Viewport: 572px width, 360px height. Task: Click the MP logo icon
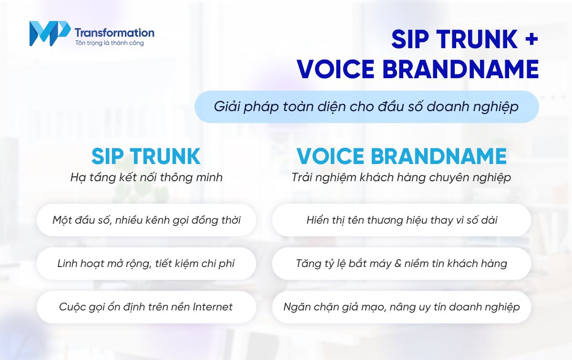tap(49, 34)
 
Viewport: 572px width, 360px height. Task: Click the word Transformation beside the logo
tap(114, 32)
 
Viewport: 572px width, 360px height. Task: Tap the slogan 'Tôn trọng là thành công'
tap(109, 43)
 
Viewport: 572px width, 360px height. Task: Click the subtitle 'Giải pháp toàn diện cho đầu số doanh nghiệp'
tap(366, 107)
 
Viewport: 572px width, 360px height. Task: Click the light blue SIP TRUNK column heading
tap(146, 156)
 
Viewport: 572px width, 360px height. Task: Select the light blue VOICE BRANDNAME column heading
tap(401, 156)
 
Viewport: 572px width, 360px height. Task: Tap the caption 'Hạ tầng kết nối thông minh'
tap(146, 177)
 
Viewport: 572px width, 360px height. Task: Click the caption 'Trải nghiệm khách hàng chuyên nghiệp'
tap(401, 177)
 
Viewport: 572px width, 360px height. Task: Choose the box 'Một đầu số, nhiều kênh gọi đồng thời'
tap(146, 220)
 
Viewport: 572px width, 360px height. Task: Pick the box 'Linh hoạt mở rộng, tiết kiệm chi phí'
tap(146, 263)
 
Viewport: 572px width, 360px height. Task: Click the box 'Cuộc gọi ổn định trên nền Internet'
tap(146, 307)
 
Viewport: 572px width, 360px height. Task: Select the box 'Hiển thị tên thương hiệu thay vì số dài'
tap(401, 220)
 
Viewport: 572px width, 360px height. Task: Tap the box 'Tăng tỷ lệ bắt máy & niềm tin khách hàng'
tap(401, 263)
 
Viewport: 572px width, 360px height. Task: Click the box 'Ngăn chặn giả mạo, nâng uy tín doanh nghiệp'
tap(401, 307)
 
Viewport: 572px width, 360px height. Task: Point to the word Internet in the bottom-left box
tap(213, 307)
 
